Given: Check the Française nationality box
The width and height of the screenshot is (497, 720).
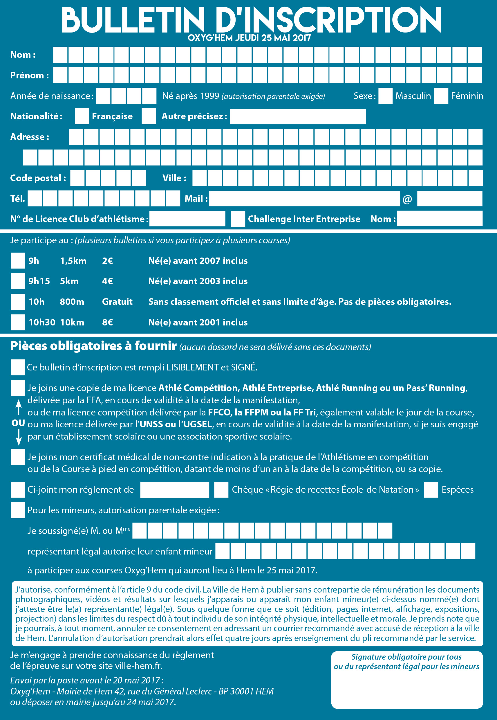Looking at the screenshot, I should coord(82,116).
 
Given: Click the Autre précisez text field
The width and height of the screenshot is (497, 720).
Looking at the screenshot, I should coord(298,116).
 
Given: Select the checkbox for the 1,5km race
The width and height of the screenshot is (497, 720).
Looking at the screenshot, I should coord(18,261).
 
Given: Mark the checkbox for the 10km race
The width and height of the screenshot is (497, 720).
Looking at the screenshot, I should coord(18,322).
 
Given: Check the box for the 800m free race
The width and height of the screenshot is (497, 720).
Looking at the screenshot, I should coord(18,302).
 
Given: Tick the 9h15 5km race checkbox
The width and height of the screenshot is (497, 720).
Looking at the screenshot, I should coord(18,281).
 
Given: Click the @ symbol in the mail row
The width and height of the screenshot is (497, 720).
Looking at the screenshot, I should coord(407,199).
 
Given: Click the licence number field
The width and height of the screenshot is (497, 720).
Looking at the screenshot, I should coord(187,219).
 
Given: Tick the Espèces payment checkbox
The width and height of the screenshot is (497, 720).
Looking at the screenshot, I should coord(431,489).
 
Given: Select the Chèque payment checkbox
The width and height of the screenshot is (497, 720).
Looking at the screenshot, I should coord(221,489).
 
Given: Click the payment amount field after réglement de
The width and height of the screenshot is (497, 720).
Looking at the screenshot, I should coord(174,489).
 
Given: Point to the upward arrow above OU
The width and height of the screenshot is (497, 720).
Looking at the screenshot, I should coord(19,407).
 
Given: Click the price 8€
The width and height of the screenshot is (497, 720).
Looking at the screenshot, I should coord(107,322).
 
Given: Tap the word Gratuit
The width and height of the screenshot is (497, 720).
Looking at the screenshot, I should coord(117,302).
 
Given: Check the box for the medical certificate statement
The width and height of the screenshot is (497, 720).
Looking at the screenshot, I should coord(18,457).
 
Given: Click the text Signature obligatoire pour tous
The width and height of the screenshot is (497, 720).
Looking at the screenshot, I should coord(406,657).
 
